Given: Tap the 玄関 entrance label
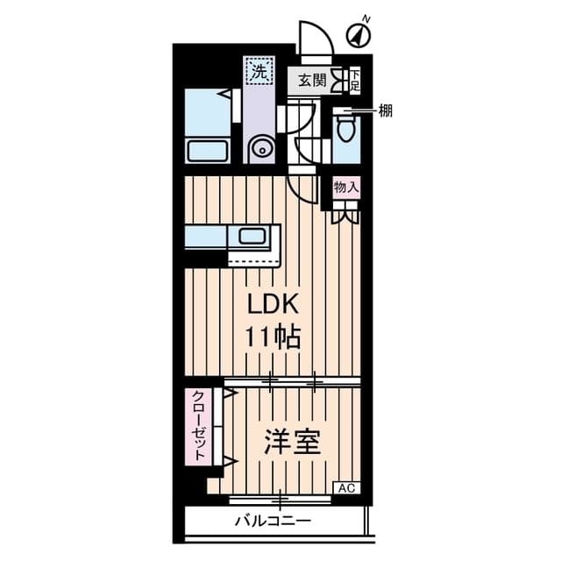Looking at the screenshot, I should pos(312,81).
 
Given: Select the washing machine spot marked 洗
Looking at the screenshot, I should pos(259,72).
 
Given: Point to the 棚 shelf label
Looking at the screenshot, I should pos(385,110).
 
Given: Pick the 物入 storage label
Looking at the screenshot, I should pos(346,187).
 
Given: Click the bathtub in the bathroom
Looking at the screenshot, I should pos(209,151).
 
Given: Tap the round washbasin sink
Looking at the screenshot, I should pos(260,150).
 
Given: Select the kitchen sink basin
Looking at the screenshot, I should pos(254,236).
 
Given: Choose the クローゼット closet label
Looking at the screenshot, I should pos(200,425).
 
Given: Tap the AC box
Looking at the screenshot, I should pos(346,487).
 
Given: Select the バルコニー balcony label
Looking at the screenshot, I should pos(273,522).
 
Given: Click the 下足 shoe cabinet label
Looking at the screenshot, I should pos(355,81).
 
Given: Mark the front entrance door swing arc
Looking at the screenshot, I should pos(313,39).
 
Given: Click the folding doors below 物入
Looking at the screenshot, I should pos(345,211).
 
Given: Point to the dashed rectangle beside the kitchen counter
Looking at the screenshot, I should pos(252,259).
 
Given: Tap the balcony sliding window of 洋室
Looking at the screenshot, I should pos(280,501).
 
